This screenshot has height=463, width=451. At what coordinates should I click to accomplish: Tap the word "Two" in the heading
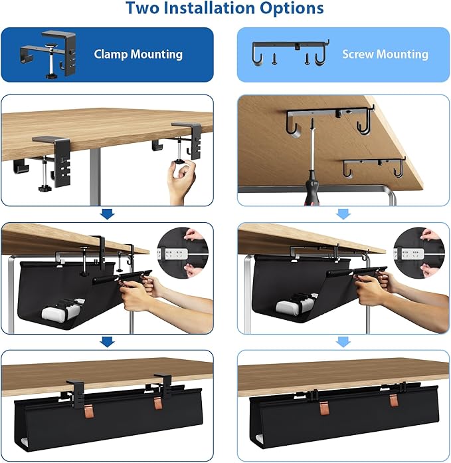coord(145,9)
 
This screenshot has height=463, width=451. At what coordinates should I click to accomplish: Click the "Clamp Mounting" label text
coord(138,54)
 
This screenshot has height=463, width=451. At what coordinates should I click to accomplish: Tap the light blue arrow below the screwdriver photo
coord(343,214)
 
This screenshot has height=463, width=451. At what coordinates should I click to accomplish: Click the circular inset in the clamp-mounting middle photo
coord(182,254)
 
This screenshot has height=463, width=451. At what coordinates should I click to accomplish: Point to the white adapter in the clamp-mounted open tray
coord(56,310)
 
